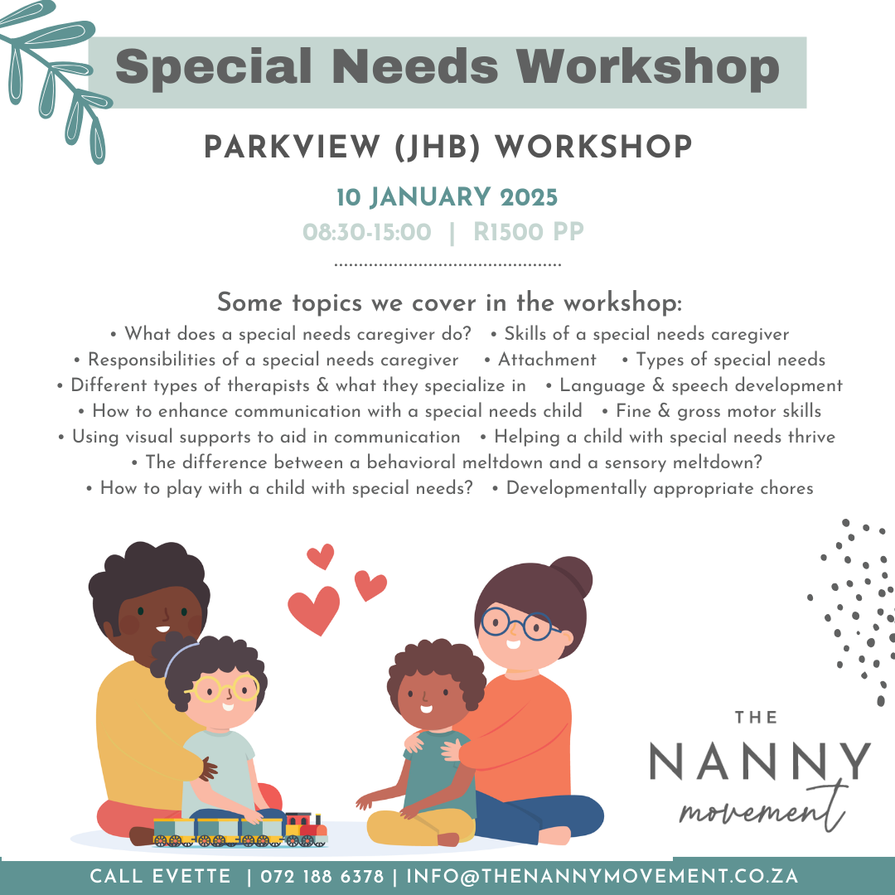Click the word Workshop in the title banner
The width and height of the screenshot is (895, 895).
coord(648,68)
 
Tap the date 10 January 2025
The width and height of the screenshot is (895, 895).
coord(447,197)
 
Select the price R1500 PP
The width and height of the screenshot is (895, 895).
coord(529,232)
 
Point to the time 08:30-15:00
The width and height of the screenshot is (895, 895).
coord(366,232)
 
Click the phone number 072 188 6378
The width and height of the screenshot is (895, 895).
coord(322,877)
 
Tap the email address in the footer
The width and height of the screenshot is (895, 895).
coord(602,877)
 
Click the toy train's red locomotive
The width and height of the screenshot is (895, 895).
coord(306,828)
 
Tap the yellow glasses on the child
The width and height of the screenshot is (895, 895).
coord(223,689)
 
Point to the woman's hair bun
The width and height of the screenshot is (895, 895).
coord(571,576)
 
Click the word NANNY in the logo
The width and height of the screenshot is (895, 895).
coord(760,762)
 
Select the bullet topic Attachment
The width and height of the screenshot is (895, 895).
coord(547,360)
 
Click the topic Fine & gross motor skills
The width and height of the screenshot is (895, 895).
coord(718,411)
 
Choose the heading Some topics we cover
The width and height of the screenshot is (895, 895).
coord(449,302)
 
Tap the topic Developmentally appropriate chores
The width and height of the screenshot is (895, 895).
coord(660,489)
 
